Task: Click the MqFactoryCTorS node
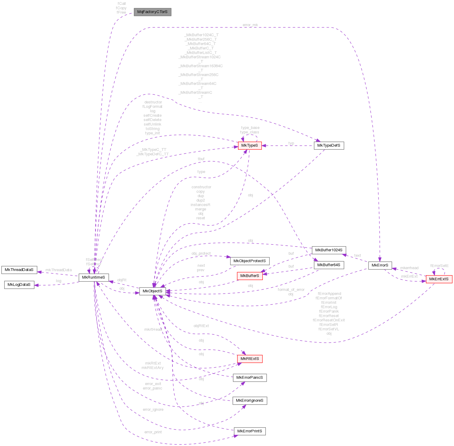click(x=152, y=12)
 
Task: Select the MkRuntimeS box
click(x=94, y=277)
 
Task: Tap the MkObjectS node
click(x=153, y=291)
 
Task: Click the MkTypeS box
click(x=250, y=145)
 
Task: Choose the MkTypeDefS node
click(x=329, y=145)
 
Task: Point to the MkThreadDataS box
click(x=19, y=270)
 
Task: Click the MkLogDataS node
click(x=19, y=285)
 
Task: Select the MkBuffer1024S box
click(x=329, y=250)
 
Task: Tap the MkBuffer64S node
click(x=329, y=265)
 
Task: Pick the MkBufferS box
click(x=250, y=276)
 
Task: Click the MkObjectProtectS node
click(x=250, y=261)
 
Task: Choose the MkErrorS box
click(x=380, y=265)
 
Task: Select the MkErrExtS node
click(x=439, y=279)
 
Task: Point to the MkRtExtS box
click(x=250, y=359)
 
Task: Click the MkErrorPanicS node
click(x=250, y=378)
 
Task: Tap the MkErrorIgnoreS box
click(x=250, y=401)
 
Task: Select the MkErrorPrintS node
click(x=250, y=431)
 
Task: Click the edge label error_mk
click(x=250, y=25)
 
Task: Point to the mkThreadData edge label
click(x=59, y=270)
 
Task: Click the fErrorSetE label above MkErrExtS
click(x=440, y=266)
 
